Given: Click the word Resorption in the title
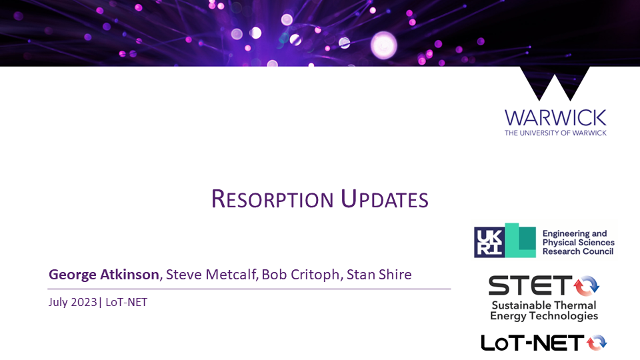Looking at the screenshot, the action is (x=272, y=199).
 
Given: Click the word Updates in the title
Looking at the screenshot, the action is (x=385, y=199).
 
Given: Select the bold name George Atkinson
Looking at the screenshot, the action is (x=104, y=275).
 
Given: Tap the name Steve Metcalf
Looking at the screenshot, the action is (x=211, y=275).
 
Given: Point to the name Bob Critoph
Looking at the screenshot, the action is (x=301, y=275).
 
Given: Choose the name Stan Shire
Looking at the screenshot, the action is (x=379, y=275).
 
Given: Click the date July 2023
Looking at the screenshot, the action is (x=73, y=302).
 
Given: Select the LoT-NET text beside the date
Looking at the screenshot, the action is (x=126, y=302).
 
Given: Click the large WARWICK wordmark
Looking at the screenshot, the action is (x=555, y=118).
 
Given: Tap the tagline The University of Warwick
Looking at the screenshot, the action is (x=555, y=133).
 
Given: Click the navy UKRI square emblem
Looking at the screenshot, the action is (x=489, y=243).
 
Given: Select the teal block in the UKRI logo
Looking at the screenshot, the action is (x=521, y=241).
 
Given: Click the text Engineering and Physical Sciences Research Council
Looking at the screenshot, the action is (x=579, y=243).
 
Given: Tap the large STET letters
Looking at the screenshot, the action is (x=530, y=285).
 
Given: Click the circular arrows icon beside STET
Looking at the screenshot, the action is (x=587, y=285).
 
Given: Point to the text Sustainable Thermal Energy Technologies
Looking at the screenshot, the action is (x=544, y=311).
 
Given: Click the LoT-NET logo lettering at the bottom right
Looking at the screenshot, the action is (x=533, y=343).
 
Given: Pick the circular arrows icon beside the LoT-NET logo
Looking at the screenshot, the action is (x=597, y=343).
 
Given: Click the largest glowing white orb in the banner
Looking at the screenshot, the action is (x=384, y=45).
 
